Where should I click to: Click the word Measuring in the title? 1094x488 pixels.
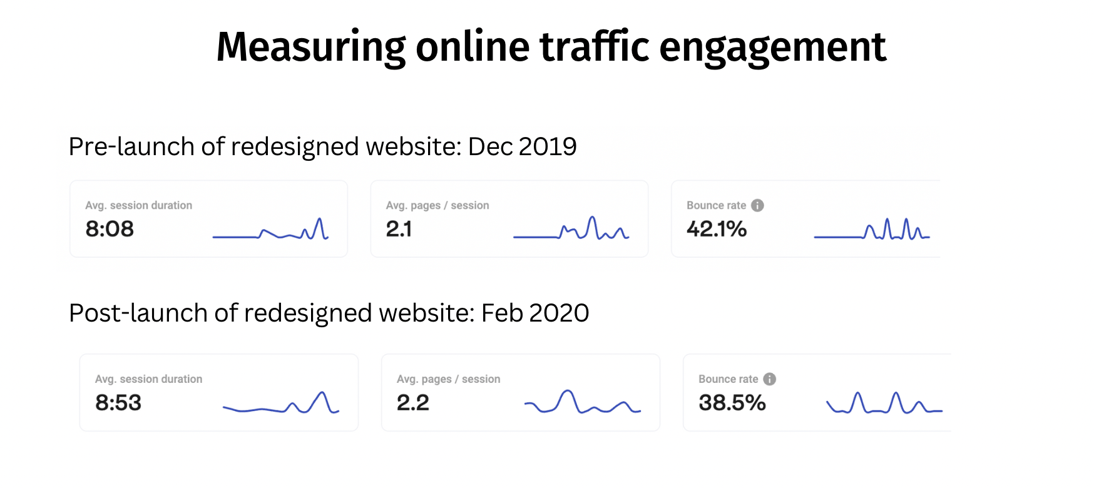click(311, 48)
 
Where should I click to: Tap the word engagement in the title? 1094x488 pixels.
click(772, 48)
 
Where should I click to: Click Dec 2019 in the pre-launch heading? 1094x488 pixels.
click(522, 146)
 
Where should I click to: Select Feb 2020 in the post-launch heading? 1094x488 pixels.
click(535, 313)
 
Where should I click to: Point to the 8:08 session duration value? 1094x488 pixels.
click(110, 229)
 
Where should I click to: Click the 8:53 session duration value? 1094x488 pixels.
click(118, 402)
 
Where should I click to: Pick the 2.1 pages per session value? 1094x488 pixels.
click(399, 229)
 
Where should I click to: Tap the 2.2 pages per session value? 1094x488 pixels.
click(412, 402)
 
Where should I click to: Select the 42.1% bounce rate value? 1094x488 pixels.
click(717, 229)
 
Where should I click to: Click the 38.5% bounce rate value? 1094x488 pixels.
click(732, 402)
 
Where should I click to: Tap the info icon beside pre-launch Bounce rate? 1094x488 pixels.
click(757, 205)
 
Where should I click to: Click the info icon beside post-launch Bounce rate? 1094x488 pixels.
click(769, 379)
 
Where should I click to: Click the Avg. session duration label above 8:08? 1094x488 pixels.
click(138, 205)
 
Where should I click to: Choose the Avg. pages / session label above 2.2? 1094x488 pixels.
click(448, 379)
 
